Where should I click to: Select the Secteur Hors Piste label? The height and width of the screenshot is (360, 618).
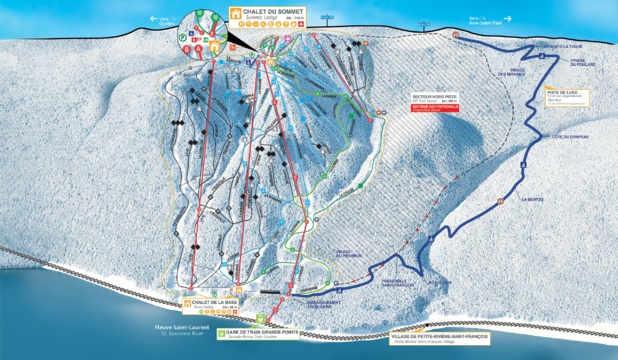tap(434, 98)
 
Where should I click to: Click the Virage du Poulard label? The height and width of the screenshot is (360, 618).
tap(584, 62)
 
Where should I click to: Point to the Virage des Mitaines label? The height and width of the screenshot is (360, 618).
tap(512, 72)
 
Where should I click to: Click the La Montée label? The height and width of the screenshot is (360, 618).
tap(532, 200)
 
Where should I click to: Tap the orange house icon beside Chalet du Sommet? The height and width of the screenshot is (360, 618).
tap(237, 14)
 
